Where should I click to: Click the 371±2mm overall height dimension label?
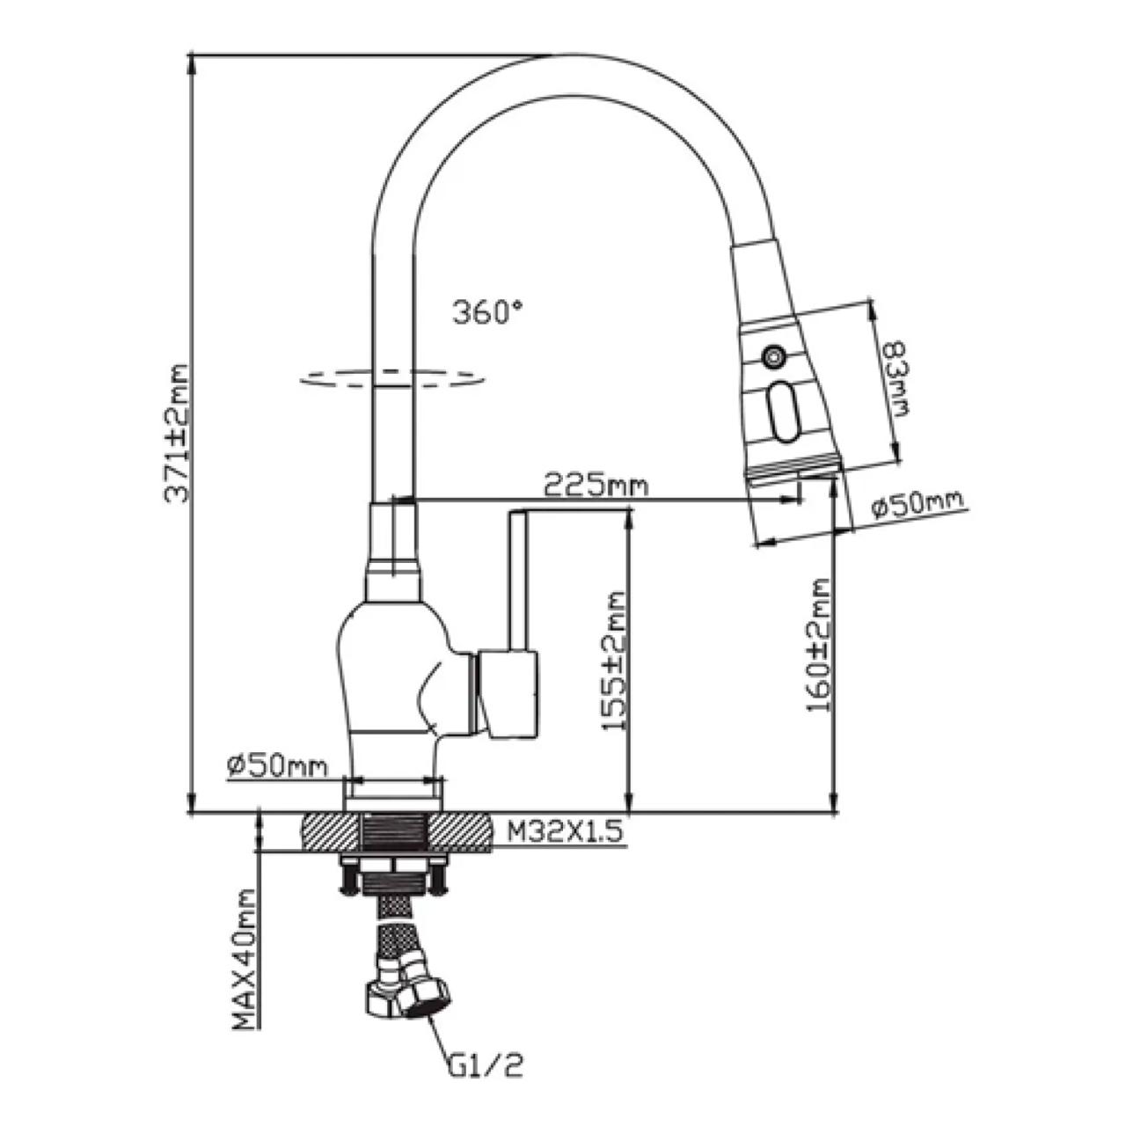[177, 433]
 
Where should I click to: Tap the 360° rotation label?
[487, 312]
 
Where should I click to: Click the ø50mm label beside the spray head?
[918, 505]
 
